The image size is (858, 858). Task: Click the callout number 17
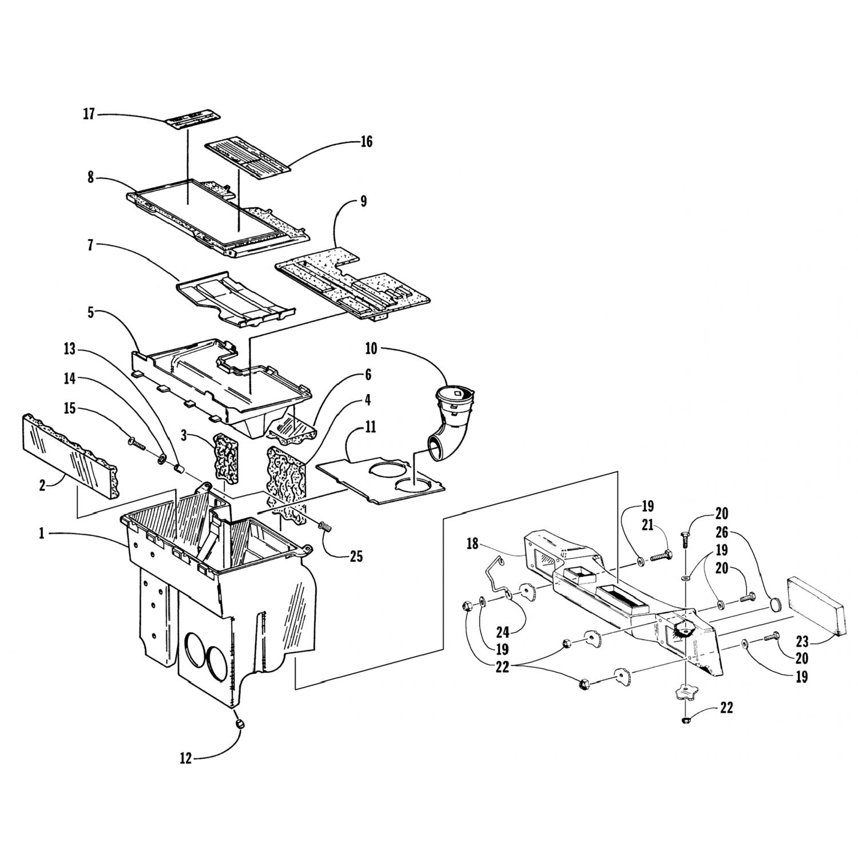coord(89,114)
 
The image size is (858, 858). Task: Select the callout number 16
coord(366,141)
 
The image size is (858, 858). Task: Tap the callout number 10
coord(371,348)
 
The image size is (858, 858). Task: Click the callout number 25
coord(356,556)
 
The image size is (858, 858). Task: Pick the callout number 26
coord(721,533)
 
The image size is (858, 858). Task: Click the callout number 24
coord(502,633)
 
